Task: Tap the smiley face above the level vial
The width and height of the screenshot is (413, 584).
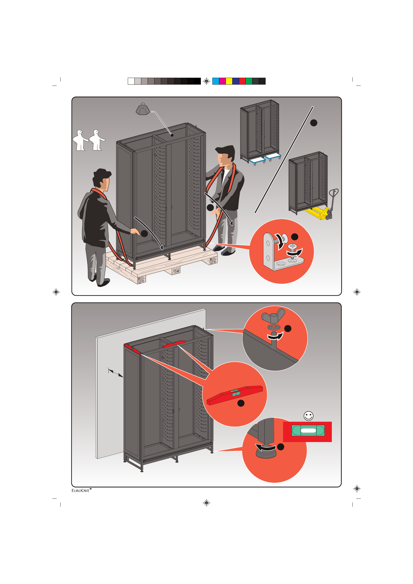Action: pyautogui.click(x=309, y=416)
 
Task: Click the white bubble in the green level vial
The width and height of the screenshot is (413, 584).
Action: pyautogui.click(x=308, y=431)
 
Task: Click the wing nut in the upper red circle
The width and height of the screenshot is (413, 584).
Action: pyautogui.click(x=273, y=315)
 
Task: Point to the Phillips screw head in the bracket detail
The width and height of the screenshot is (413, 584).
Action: pyautogui.click(x=292, y=246)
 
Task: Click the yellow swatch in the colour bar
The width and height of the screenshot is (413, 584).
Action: pyautogui.click(x=229, y=81)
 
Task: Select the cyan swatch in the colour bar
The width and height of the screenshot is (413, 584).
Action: pyautogui.click(x=216, y=81)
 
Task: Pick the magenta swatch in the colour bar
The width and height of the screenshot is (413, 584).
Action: pyautogui.click(x=222, y=81)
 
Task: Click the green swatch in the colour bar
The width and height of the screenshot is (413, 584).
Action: pyautogui.click(x=249, y=81)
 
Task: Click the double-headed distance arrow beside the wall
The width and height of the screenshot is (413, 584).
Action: pyautogui.click(x=116, y=373)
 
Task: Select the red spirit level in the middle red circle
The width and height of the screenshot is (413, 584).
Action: pyautogui.click(x=235, y=395)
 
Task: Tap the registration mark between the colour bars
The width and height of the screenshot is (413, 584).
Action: pyautogui.click(x=207, y=81)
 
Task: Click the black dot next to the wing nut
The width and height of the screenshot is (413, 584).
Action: pyautogui.click(x=287, y=329)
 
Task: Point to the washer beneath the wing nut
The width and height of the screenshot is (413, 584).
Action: pyautogui.click(x=274, y=327)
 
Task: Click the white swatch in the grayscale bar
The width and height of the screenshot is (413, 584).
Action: pyautogui.click(x=131, y=81)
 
